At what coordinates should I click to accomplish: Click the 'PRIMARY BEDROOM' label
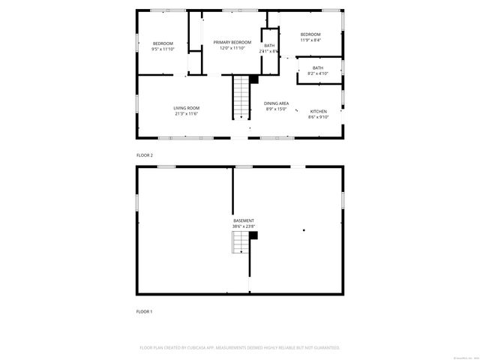(x=232, y=42)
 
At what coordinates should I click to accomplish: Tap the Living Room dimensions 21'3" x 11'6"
(x=186, y=114)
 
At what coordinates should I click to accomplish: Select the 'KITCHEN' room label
(x=318, y=111)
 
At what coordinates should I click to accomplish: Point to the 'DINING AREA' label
(x=276, y=103)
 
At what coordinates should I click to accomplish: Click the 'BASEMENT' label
(x=242, y=220)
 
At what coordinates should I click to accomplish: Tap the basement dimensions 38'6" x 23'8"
(x=242, y=226)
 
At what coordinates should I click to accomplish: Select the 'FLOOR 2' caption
(x=144, y=155)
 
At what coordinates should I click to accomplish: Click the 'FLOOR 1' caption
(x=144, y=310)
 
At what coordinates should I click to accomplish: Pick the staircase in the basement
(x=239, y=243)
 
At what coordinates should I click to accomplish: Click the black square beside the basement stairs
(x=253, y=235)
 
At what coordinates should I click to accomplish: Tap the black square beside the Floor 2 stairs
(x=253, y=79)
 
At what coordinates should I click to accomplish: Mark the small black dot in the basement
(x=303, y=229)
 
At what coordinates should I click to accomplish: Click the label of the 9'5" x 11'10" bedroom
(x=163, y=43)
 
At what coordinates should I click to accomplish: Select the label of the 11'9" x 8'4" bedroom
(x=310, y=34)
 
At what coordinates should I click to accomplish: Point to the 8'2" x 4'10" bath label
(x=318, y=67)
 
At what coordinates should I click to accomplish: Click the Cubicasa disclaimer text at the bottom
(x=240, y=348)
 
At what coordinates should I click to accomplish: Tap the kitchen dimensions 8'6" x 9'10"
(x=318, y=117)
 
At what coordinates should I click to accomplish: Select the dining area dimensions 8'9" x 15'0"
(x=276, y=109)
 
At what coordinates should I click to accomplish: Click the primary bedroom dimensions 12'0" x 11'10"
(x=232, y=48)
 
